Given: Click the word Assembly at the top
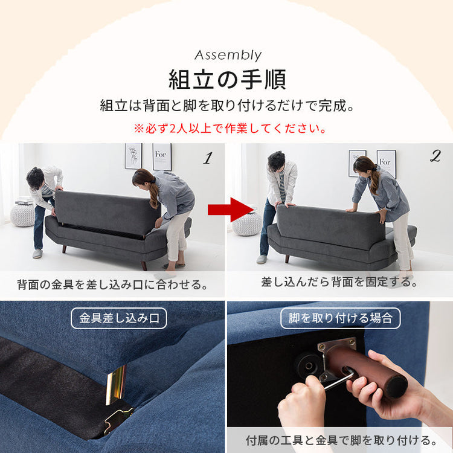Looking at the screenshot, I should [228, 56].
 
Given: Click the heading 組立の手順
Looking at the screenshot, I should [227, 80].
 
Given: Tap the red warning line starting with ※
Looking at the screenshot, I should [230, 129].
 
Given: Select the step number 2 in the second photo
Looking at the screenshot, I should [435, 156].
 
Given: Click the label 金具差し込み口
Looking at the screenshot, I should [119, 318].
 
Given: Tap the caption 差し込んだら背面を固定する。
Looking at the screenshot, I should [339, 281].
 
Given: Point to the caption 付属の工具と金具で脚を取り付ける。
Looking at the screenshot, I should [341, 439].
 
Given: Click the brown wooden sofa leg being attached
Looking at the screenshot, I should [371, 369].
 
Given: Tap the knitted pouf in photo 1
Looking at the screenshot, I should [22, 214].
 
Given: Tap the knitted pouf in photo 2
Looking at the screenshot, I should [246, 223].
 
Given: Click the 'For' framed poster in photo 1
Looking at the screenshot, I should [162, 156].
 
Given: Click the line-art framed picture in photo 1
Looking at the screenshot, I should [133, 156].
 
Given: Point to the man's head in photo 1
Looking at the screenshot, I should [36, 177].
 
